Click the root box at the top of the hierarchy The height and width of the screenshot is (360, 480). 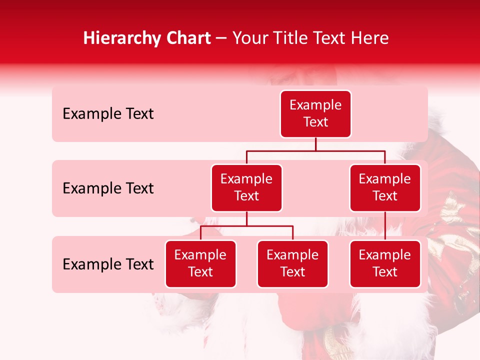pyautogui.click(x=315, y=114)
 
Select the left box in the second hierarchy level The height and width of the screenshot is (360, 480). pyautogui.click(x=246, y=188)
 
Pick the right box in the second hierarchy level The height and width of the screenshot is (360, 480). pyautogui.click(x=385, y=188)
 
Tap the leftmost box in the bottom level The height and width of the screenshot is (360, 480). pyautogui.click(x=200, y=264)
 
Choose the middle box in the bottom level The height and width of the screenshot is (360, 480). pyautogui.click(x=292, y=264)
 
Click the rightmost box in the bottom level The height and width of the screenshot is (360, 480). pyautogui.click(x=385, y=264)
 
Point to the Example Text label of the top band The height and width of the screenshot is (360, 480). pyautogui.click(x=108, y=114)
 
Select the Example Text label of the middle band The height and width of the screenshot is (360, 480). pyautogui.click(x=108, y=188)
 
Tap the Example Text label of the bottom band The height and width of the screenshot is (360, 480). pyautogui.click(x=108, y=264)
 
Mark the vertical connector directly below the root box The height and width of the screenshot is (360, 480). pyautogui.click(x=315, y=144)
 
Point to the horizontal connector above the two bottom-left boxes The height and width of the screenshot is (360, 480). pyautogui.click(x=246, y=226)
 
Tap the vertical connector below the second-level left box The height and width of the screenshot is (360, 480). pyautogui.click(x=246, y=218)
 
